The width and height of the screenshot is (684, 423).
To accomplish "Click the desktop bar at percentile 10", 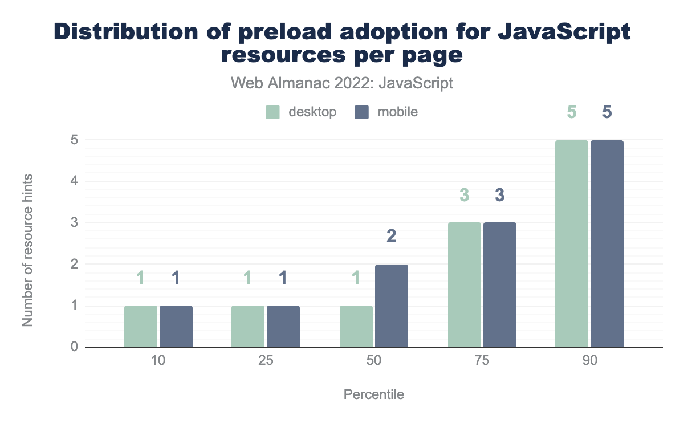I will coord(141,326).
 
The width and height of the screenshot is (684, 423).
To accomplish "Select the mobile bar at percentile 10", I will coord(176,326).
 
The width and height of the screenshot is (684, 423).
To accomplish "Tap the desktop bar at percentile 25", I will coord(248,326).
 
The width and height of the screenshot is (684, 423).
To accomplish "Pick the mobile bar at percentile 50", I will coord(392,306).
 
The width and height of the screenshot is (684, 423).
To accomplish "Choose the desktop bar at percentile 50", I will coord(356,326).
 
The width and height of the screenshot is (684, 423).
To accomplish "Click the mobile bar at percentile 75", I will coord(500,284).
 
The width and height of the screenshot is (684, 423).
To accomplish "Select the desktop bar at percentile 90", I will coord(572,243).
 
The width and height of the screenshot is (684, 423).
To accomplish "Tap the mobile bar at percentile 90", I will coord(607,243).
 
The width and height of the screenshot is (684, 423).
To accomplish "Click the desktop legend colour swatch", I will coord(273,112).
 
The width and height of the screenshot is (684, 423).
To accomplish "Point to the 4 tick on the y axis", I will coord(74,181).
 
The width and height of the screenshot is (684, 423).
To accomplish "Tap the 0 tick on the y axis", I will coord(74,347).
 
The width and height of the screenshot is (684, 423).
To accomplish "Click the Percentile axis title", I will coord(374,394).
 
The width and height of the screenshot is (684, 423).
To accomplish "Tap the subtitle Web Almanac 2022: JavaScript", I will coord(342,83).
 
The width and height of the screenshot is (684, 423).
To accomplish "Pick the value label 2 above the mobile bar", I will coord(392,237).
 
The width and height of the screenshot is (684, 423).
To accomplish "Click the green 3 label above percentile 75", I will coord(465,195).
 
